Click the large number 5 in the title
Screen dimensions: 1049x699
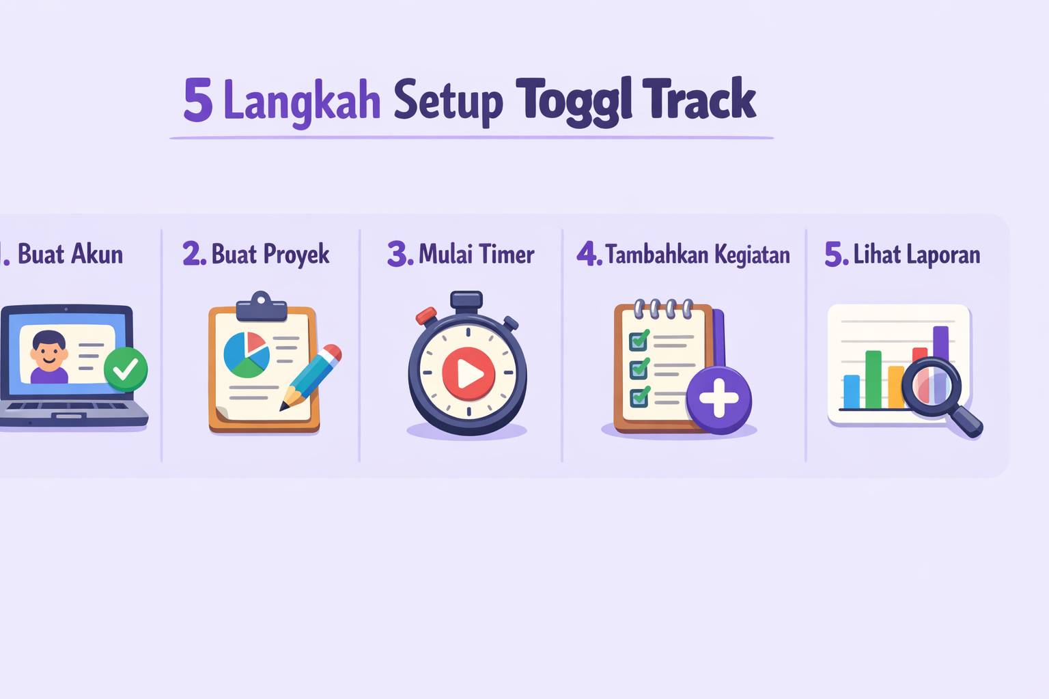click(x=197, y=99)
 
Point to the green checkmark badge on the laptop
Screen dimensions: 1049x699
click(x=126, y=369)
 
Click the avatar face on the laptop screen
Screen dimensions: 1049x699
click(x=48, y=349)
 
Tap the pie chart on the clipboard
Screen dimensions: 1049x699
click(x=247, y=354)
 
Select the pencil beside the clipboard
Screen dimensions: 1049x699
click(x=311, y=377)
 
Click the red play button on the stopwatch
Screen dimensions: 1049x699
click(x=468, y=374)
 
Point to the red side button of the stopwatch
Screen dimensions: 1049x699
click(x=426, y=315)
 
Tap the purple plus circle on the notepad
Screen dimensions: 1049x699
click(x=719, y=399)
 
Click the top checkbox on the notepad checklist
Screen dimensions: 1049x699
click(x=639, y=341)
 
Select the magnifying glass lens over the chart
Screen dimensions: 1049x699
click(x=932, y=387)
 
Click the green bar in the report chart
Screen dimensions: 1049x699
click(x=873, y=380)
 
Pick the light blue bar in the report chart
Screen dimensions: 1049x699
click(x=852, y=391)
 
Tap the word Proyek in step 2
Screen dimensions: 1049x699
click(x=296, y=255)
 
